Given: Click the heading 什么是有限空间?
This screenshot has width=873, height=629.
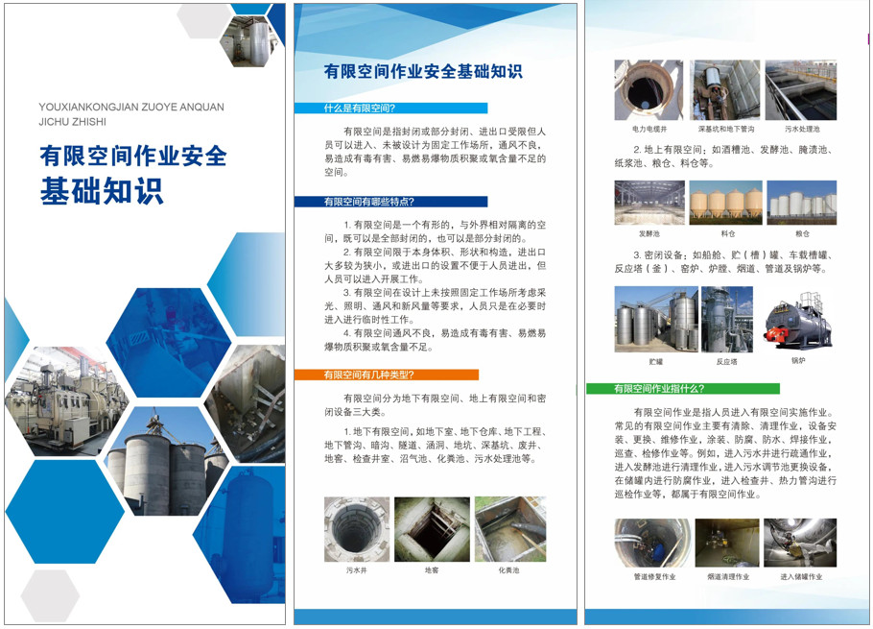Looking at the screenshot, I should [360, 109].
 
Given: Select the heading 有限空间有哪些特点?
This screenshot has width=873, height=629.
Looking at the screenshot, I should [368, 202].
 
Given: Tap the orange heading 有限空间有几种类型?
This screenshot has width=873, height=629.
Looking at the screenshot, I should [368, 375].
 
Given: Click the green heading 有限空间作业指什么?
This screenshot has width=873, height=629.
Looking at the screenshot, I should [659, 388].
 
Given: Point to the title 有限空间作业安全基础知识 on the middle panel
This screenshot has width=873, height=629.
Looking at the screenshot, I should [423, 71].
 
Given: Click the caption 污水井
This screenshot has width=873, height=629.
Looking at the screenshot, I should [357, 569].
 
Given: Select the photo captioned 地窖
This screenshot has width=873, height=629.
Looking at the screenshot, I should [432, 529].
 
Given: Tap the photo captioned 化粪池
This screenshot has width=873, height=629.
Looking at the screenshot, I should [508, 529].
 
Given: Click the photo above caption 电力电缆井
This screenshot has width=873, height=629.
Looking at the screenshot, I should [649, 90].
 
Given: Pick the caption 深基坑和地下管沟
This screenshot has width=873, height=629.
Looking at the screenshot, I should [725, 129].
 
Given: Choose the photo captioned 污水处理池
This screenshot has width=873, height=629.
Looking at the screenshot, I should [801, 90].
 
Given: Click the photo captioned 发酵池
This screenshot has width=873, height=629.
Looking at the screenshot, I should [649, 203].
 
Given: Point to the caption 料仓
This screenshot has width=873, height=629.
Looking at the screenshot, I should [727, 233].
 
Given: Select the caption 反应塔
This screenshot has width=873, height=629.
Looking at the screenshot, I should [726, 362].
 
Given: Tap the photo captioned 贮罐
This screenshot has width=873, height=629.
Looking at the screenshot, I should [655, 319].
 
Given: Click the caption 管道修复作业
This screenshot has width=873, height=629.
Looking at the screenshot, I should [654, 577].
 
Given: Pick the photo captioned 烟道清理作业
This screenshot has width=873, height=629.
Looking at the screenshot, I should [727, 543].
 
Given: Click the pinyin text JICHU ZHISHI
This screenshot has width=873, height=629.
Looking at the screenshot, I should [73, 122].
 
